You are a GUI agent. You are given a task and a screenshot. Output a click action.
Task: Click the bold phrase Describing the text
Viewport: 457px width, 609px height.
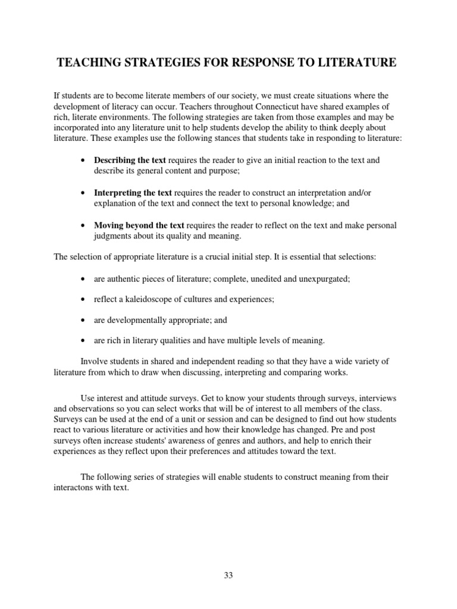click(130, 161)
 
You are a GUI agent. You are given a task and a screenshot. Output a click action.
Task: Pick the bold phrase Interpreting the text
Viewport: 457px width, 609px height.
click(133, 193)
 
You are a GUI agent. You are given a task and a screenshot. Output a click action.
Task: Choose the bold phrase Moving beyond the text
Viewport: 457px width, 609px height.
click(139, 226)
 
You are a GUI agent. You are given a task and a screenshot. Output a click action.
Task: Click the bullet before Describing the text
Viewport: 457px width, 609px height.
click(82, 161)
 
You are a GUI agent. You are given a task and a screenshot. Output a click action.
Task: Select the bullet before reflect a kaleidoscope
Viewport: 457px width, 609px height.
click(82, 300)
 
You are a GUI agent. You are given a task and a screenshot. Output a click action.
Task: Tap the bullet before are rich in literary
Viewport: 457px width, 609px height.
click(82, 341)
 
